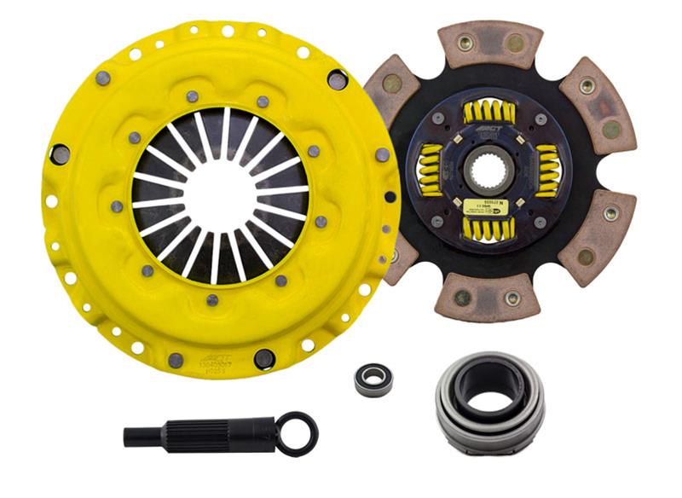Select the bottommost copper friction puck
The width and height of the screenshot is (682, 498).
click(485, 294)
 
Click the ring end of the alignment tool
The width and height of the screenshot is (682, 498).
click(298, 432)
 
